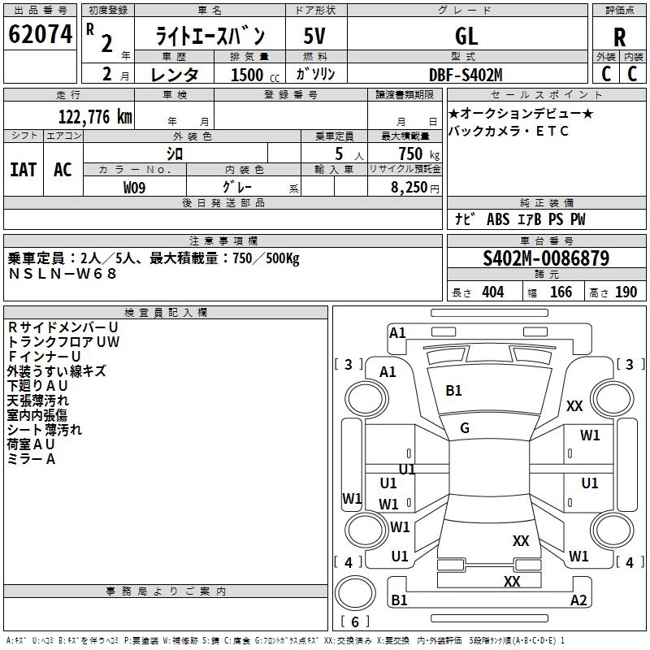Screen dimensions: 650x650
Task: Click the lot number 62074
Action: tap(40, 34)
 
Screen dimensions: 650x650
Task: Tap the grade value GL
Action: tap(466, 36)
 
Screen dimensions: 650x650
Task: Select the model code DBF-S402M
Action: tap(466, 75)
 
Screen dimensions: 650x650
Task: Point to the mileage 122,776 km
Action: tap(95, 117)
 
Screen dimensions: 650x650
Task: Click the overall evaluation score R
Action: tap(619, 37)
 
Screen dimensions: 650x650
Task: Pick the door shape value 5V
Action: tap(314, 36)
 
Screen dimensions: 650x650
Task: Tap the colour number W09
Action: tap(134, 188)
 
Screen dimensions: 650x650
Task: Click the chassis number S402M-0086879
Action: tap(546, 258)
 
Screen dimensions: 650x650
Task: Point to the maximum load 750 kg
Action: tap(419, 154)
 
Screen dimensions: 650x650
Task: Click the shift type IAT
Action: tap(24, 170)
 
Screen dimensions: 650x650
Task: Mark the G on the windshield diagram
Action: tap(465, 428)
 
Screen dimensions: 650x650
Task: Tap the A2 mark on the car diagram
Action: tap(578, 600)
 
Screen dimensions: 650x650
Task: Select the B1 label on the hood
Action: tap(453, 391)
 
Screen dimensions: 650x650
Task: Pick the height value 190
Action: tap(626, 292)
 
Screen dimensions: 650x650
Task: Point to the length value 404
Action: tap(493, 292)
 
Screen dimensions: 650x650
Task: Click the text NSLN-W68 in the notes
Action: tap(63, 274)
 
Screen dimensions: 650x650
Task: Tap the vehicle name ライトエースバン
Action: tap(210, 36)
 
